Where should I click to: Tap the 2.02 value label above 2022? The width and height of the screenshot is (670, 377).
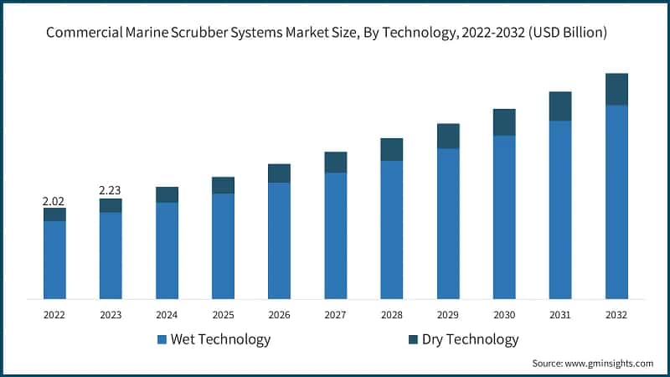click(x=54, y=201)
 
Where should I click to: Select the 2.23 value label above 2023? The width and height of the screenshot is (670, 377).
click(x=111, y=191)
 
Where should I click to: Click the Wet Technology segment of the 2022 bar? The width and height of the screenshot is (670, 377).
click(x=54, y=260)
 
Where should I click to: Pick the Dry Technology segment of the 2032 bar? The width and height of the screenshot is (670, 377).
click(x=616, y=89)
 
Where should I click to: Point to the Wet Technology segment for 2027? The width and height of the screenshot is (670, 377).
click(x=335, y=235)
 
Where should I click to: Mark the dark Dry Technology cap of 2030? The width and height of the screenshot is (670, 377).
click(x=504, y=122)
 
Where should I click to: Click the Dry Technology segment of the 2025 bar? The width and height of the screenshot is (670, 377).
click(x=223, y=185)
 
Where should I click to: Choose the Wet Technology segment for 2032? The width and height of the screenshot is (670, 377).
click(x=616, y=201)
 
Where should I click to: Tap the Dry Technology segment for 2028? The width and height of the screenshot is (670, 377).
click(x=391, y=149)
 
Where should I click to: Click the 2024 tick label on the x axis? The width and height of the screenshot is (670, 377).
click(x=167, y=315)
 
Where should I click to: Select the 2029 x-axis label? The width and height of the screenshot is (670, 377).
click(x=448, y=315)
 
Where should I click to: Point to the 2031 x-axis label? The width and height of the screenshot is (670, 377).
click(x=560, y=315)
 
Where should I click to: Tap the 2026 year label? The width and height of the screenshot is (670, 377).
click(x=279, y=315)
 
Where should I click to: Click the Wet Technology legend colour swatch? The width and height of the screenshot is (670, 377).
click(x=162, y=340)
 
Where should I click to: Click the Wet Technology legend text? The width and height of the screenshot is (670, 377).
click(x=220, y=339)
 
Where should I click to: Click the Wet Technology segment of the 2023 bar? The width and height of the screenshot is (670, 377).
click(x=111, y=256)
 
